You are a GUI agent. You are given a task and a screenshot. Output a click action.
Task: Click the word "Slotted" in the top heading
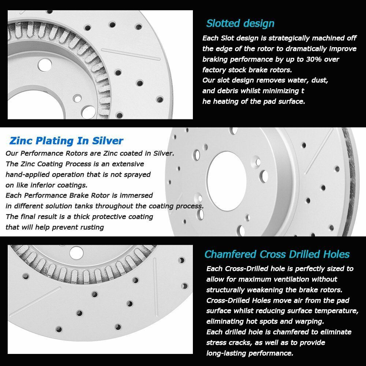[x=223, y=23]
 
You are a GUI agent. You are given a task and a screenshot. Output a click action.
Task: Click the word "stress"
[x=218, y=343]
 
